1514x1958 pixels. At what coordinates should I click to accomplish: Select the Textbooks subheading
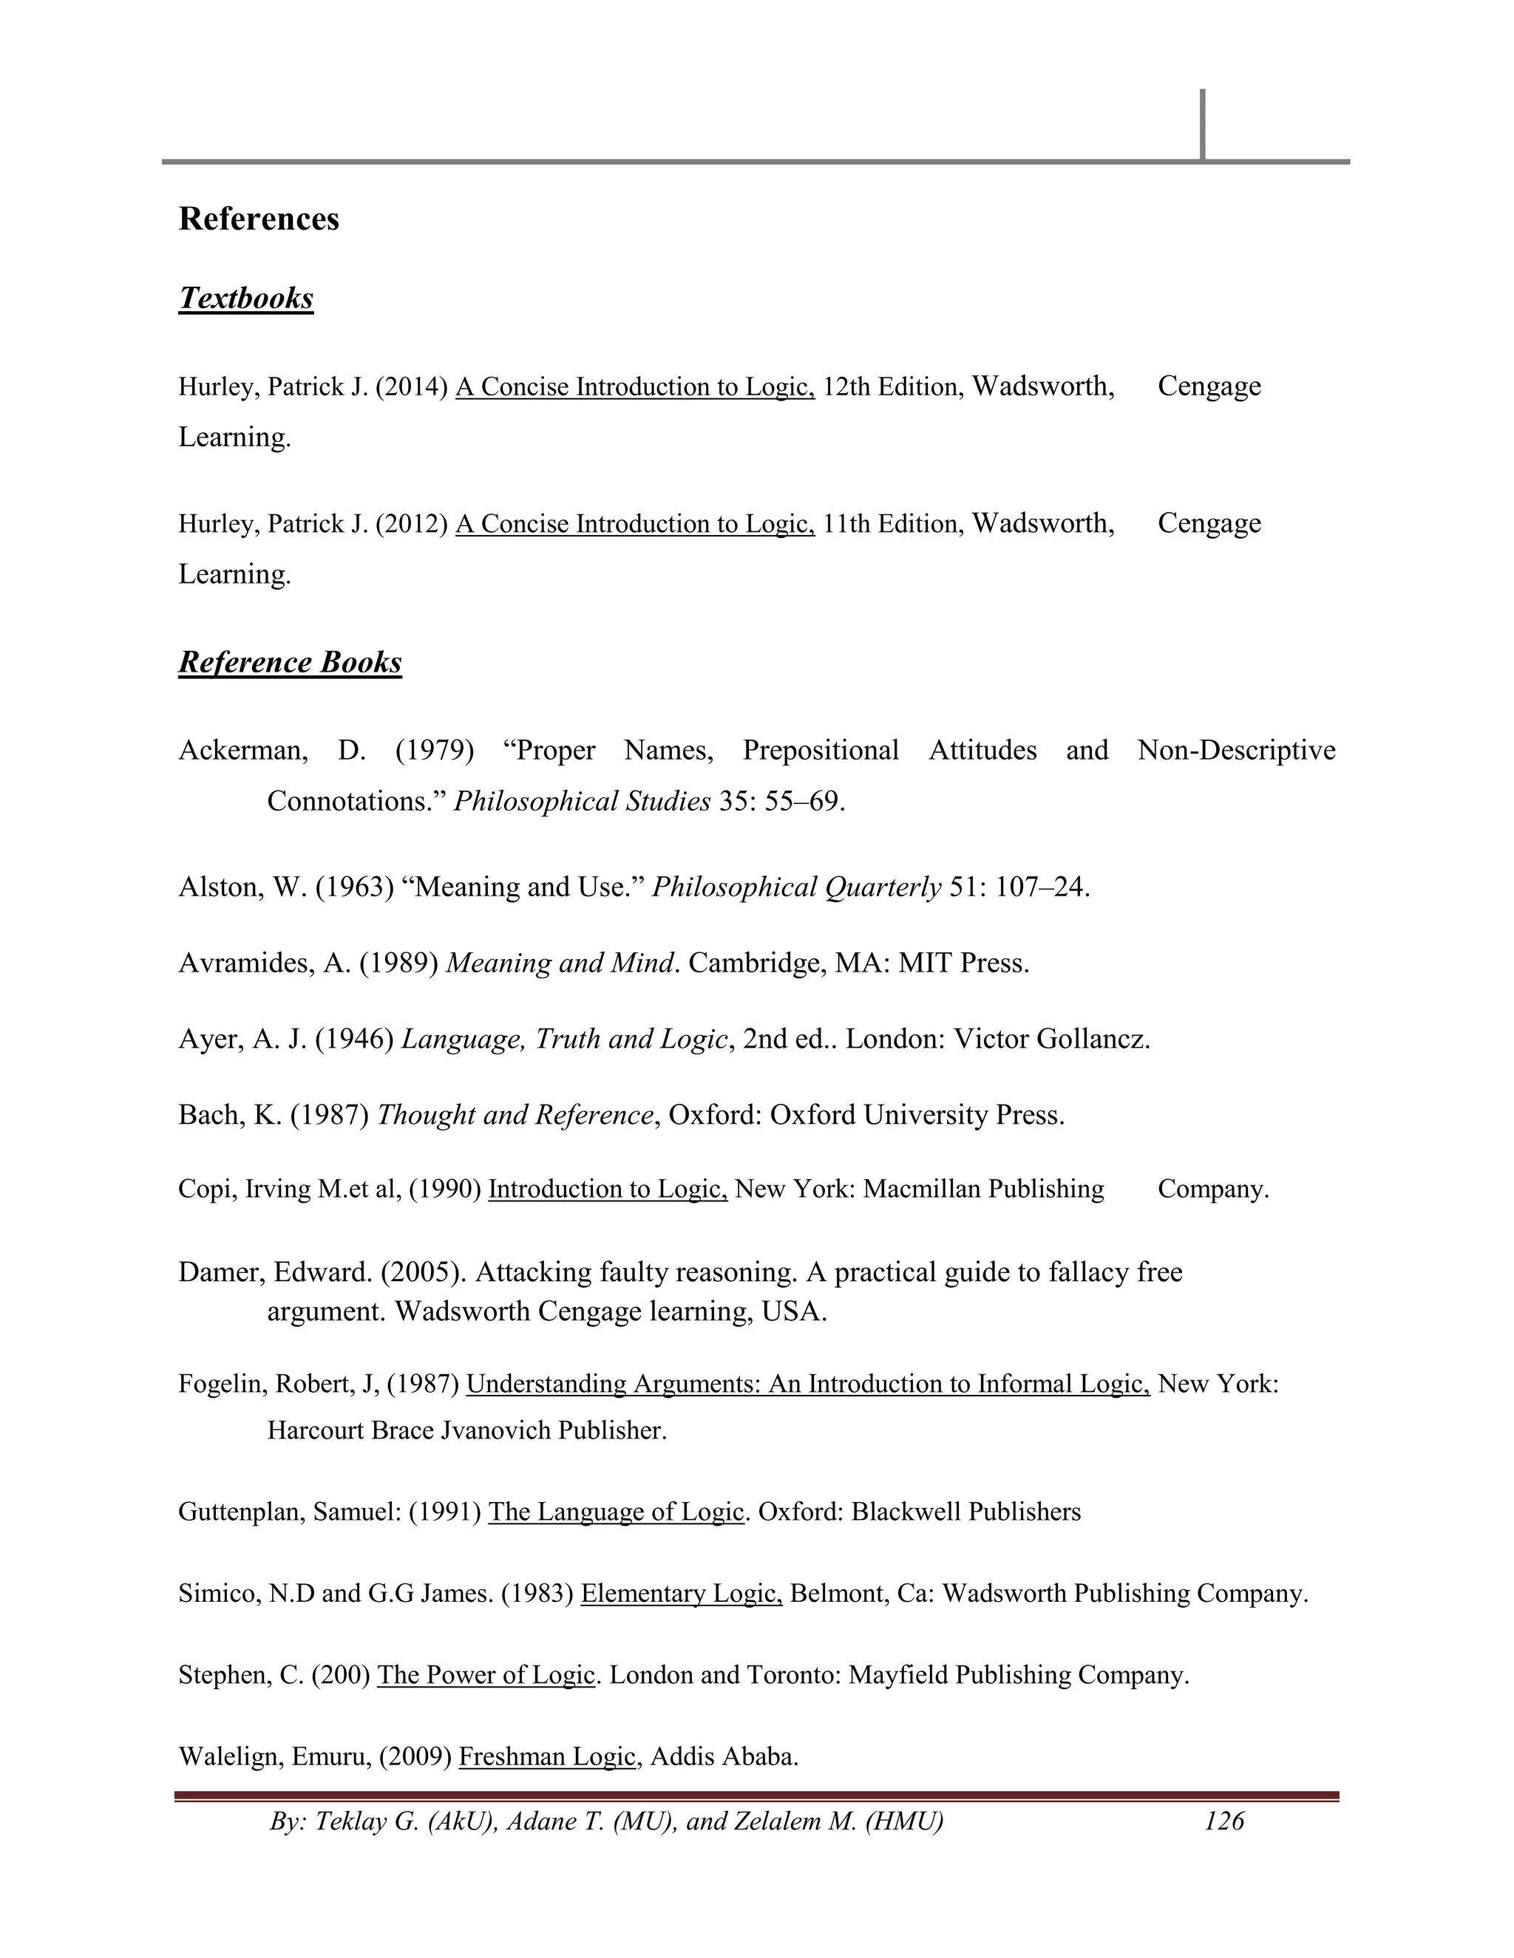coord(245,298)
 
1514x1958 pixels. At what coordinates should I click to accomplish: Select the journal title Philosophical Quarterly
coord(796,887)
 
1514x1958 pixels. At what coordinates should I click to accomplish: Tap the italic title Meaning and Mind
coord(560,963)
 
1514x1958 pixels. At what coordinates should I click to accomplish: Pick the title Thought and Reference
coord(515,1114)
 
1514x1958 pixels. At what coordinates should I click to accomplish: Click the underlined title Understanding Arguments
coord(807,1383)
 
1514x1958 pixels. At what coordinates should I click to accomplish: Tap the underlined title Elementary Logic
coord(681,1593)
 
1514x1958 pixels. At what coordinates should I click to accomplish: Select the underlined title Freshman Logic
coord(547,1756)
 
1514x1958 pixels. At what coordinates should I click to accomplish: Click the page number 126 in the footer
coord(1223,1821)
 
